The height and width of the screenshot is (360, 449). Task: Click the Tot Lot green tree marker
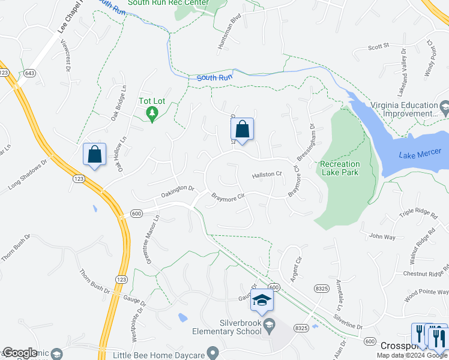(152, 113)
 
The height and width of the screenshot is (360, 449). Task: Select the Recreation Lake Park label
(340, 168)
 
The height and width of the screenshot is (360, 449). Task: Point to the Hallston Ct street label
(267, 175)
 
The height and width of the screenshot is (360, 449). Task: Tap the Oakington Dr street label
(178, 191)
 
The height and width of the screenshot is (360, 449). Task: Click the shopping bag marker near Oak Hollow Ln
(95, 155)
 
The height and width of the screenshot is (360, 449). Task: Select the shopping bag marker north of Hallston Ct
(242, 130)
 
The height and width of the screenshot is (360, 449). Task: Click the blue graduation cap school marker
(262, 300)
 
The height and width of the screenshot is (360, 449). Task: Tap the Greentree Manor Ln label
(151, 238)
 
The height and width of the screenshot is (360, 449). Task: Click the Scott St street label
(379, 46)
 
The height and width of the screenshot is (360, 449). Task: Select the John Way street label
(382, 236)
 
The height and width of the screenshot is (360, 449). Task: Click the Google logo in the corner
(20, 353)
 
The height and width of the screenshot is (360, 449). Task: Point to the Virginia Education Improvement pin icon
(444, 109)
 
